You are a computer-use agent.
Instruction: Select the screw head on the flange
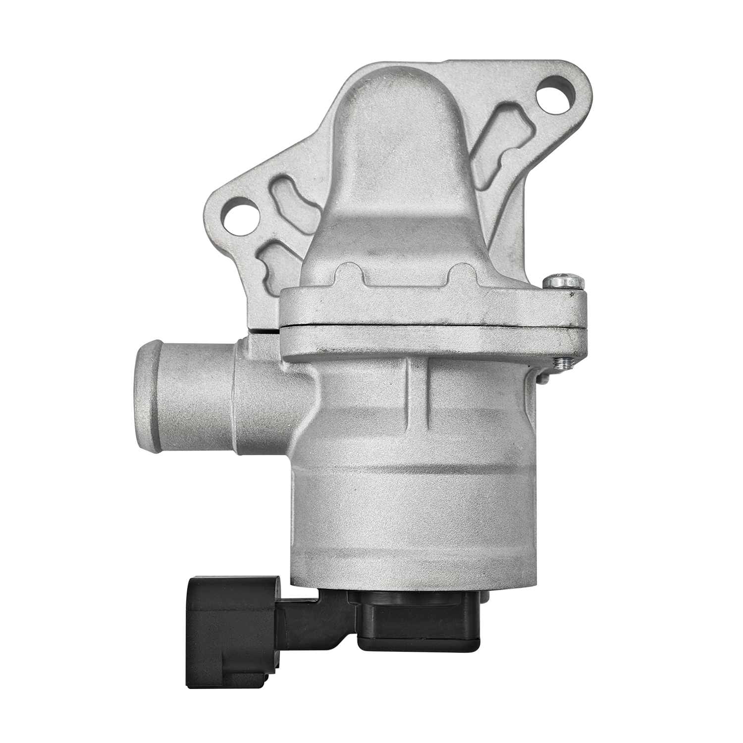(x=564, y=281)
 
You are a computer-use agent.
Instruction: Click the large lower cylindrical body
(x=416, y=510)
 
